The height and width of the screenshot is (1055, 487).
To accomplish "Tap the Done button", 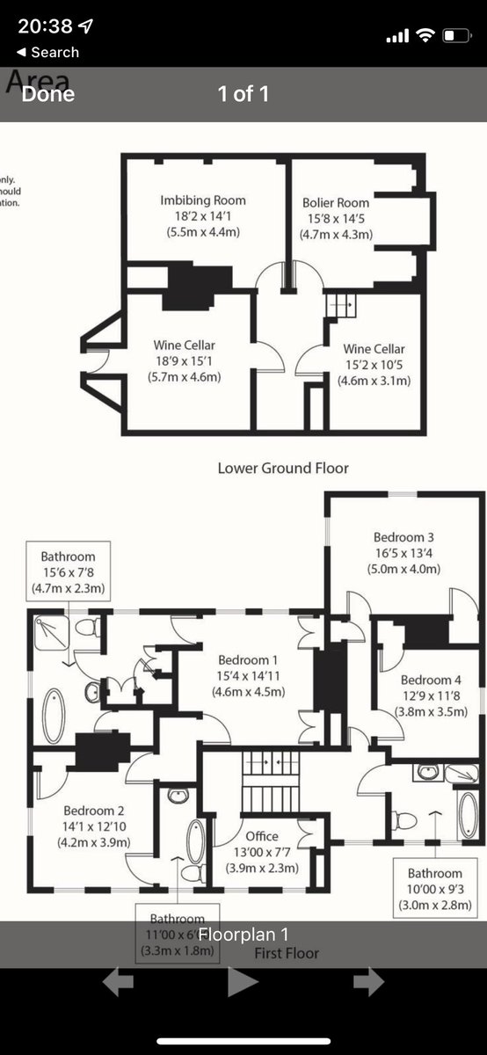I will [48, 94].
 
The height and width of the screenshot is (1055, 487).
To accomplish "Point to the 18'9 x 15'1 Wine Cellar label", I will [185, 360].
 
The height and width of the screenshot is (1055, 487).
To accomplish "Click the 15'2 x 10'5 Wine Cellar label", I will [374, 364].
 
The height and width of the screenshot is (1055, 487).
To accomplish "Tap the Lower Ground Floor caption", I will [283, 468].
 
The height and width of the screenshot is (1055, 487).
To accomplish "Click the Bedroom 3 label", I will [403, 552].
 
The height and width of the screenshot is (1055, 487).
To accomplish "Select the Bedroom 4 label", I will [431, 695].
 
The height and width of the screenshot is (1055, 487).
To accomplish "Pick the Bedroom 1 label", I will [249, 675].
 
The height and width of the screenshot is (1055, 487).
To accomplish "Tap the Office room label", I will [262, 851].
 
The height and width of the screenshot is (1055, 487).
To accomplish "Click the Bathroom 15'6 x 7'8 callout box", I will [68, 571].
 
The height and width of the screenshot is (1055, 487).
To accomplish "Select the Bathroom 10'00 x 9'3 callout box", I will [434, 889].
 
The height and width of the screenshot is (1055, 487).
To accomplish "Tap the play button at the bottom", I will [243, 982].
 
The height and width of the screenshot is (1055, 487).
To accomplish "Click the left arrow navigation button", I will [118, 982].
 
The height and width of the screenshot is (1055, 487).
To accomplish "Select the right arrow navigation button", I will [369, 982].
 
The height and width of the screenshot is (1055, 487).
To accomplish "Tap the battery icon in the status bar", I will [456, 35].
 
